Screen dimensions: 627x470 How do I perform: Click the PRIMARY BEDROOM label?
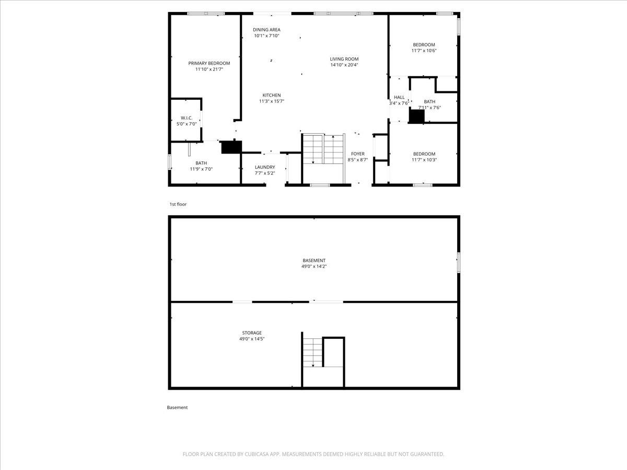pos(209,63)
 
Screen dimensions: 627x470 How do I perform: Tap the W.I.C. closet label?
pos(187,118)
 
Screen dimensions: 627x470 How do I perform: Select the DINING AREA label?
pos(266,30)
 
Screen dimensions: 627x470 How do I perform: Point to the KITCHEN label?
pos(272,95)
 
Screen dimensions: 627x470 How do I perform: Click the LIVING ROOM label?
pos(344,59)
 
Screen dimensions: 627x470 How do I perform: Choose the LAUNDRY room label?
pos(265,167)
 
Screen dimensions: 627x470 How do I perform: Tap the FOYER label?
pos(357,154)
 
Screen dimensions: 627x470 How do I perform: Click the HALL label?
pos(399,97)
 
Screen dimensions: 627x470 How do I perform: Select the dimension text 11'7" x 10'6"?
pos(424,51)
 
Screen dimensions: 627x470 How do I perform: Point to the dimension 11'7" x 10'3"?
pos(424,160)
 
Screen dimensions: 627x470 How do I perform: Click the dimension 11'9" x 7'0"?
pos(201,169)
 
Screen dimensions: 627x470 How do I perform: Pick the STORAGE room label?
pos(252,333)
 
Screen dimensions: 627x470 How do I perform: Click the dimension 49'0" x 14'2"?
pos(314,266)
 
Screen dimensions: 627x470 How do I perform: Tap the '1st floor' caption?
pos(178,204)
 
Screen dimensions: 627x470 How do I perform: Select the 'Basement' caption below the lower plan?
pos(177,407)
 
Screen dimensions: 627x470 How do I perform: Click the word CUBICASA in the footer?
pos(257,454)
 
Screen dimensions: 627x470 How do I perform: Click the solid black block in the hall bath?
pos(417,116)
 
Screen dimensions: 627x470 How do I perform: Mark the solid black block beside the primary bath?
pos(231,147)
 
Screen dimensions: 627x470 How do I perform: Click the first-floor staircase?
pos(323,149)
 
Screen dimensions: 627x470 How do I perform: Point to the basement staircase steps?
pos(313,352)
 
